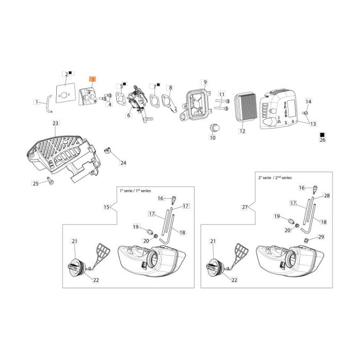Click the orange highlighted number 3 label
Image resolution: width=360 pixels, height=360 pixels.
pyautogui.click(x=93, y=80)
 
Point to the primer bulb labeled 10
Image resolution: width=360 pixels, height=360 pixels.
pyautogui.click(x=215, y=127)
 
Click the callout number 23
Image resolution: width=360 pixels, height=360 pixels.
pyautogui.click(x=55, y=123)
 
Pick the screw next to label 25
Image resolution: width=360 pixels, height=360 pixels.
pyautogui.click(x=50, y=181)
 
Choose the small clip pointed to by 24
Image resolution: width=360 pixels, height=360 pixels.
pyautogui.click(x=107, y=151)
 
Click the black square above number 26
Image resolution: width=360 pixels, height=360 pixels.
pyautogui.click(x=322, y=135)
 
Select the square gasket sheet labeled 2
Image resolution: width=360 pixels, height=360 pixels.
pyautogui.click(x=66, y=93)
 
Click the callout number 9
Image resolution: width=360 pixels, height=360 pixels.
pyautogui.click(x=205, y=82)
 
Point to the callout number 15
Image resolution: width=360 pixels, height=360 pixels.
pyautogui.click(x=107, y=207)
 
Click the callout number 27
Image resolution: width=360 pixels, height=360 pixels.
pyautogui.click(x=245, y=207)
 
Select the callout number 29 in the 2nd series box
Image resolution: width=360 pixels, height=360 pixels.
pyautogui.click(x=321, y=237)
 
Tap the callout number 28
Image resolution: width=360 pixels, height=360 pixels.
pyautogui.click(x=327, y=195)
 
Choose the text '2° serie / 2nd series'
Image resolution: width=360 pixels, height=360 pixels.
pyautogui.click(x=275, y=177)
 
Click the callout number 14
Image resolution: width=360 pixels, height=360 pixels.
pyautogui.click(x=308, y=101)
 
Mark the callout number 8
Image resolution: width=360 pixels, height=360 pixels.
pyautogui.click(x=171, y=87)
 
